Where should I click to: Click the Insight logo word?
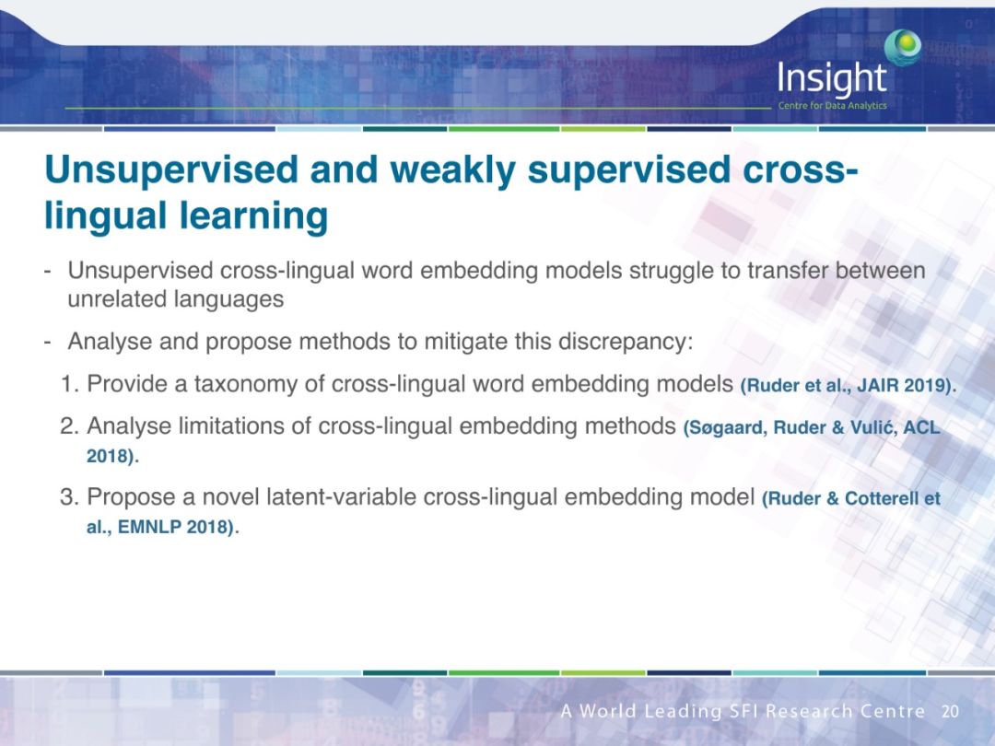point(831,78)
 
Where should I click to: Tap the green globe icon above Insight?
point(903,47)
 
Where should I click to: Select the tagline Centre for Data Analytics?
point(832,105)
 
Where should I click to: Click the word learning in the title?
point(254,216)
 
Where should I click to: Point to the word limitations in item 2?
point(231,425)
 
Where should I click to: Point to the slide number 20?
point(950,711)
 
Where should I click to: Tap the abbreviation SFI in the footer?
point(743,711)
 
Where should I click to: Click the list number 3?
point(67,496)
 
